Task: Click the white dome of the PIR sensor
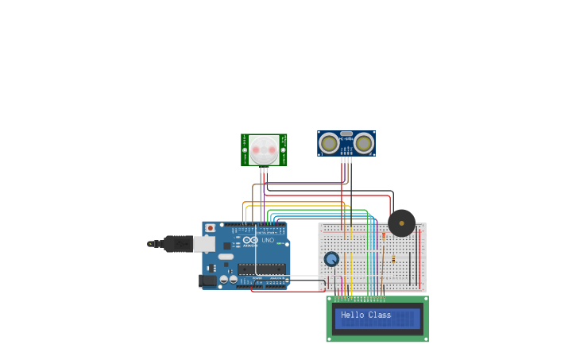point(264,149)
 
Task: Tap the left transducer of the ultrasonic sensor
point(329,143)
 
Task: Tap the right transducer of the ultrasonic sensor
point(364,143)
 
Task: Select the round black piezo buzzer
point(401,223)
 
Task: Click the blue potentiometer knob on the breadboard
point(331,259)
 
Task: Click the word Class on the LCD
point(380,315)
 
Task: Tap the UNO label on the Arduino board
point(269,240)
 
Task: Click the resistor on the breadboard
point(393,259)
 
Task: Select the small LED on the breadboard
point(384,235)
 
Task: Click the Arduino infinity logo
point(250,240)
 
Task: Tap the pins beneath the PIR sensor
point(264,169)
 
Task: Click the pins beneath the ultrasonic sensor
point(346,159)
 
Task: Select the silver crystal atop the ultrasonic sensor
point(346,134)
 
